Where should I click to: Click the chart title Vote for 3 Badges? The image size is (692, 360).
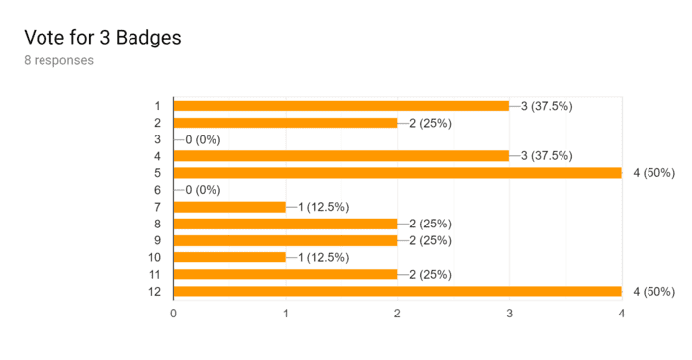[103, 38]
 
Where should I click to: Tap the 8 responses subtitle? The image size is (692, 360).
[58, 60]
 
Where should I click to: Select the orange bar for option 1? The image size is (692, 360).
[341, 106]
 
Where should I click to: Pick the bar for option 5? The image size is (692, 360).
[397, 173]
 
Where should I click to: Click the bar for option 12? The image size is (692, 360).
[397, 291]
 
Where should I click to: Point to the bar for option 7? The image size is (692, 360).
[229, 207]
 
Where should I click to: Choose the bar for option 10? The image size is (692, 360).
[229, 257]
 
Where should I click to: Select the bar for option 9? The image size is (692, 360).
[286, 240]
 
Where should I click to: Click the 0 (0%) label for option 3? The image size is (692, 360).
[203, 140]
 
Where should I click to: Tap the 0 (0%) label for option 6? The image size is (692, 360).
[203, 190]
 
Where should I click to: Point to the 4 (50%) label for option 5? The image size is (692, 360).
[654, 173]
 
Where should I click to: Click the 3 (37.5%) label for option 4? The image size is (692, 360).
[547, 156]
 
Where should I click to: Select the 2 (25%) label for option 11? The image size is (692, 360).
[430, 274]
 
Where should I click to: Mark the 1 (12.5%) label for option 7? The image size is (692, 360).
[323, 207]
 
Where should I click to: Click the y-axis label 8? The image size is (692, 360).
[157, 224]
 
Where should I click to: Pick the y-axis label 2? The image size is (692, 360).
[157, 123]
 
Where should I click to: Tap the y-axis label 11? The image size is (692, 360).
[154, 275]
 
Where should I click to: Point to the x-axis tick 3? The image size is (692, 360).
[510, 314]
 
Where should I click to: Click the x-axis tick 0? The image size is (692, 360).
[173, 314]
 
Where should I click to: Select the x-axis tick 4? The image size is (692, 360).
[622, 314]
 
